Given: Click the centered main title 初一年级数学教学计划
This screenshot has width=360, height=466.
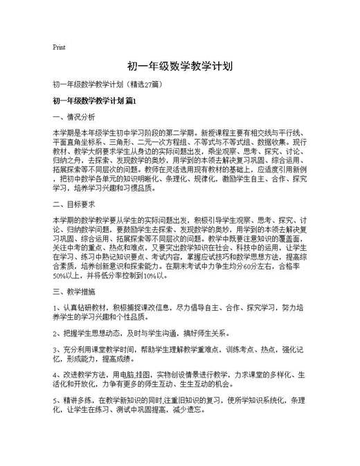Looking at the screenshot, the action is pos(180,66).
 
